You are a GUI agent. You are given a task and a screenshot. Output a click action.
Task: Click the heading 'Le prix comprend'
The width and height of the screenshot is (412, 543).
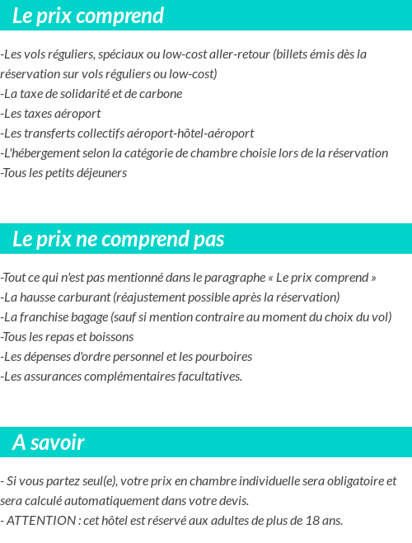coord(88,16)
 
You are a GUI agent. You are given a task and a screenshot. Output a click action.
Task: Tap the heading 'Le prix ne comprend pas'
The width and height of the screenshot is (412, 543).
coord(118,239)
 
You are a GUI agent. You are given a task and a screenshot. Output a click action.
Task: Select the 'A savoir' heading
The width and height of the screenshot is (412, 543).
coord(49,442)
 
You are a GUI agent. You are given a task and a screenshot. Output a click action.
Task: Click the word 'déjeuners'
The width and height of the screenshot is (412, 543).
coord(102,173)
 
